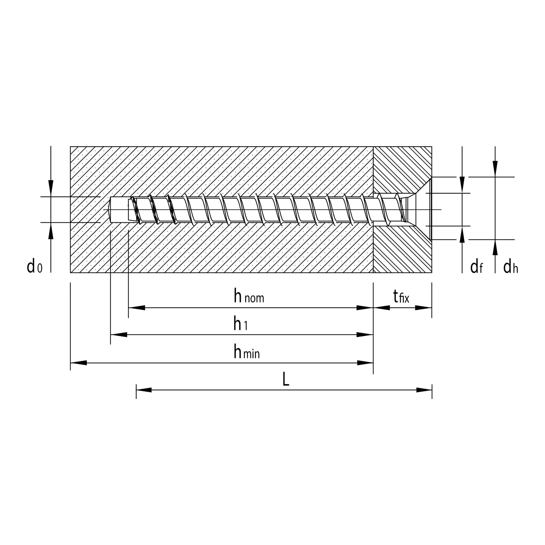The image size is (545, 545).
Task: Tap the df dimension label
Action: point(476,267)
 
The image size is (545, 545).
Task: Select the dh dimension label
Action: point(511,267)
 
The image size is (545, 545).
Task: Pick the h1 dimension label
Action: point(240,324)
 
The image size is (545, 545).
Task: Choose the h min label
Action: point(247,352)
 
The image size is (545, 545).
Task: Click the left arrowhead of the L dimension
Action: point(144,390)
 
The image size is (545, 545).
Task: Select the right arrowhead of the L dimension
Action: point(424,390)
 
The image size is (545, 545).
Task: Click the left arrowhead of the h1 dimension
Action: point(119,335)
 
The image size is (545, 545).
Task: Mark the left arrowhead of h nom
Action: point(137,308)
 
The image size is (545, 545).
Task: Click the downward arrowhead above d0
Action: point(51,187)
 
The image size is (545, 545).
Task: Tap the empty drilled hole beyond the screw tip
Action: point(119,210)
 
